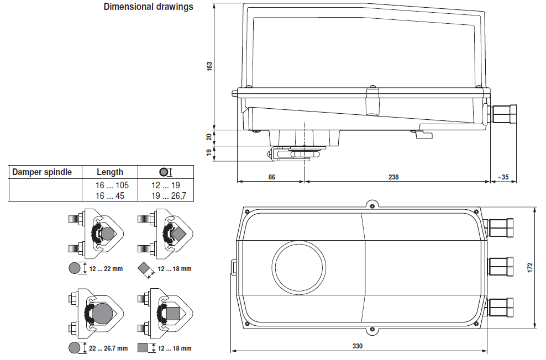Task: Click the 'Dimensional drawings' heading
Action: (x=148, y=7)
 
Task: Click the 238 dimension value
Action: (x=393, y=177)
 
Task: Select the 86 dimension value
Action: (x=271, y=177)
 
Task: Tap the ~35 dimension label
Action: (x=502, y=177)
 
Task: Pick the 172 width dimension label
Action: (x=530, y=267)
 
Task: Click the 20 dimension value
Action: (x=209, y=137)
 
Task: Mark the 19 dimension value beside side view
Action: (x=209, y=153)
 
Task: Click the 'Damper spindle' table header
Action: (x=42, y=172)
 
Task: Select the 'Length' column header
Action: (x=110, y=172)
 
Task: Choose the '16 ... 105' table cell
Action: (x=113, y=185)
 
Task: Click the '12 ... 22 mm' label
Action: (x=106, y=269)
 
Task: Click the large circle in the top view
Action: (x=299, y=267)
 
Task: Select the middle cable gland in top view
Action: (x=501, y=266)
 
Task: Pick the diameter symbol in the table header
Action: (x=164, y=172)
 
